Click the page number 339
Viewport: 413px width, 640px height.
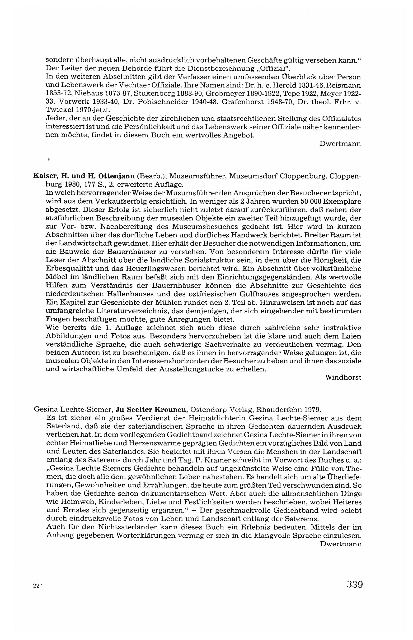point(355,584)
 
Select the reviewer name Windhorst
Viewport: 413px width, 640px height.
point(343,377)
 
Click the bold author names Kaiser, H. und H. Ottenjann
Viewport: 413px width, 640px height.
point(84,176)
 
